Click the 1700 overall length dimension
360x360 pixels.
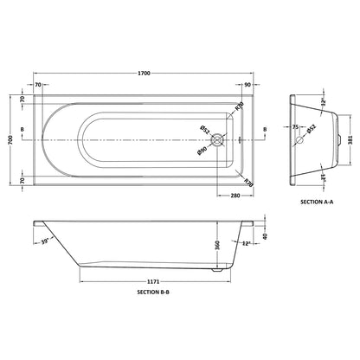pos(144,74)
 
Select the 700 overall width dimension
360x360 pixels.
pos(11,140)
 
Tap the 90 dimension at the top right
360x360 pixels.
pos(247,85)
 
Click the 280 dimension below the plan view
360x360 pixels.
pos(235,196)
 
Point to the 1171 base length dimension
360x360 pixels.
pos(155,281)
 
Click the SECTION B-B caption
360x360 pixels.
pos(153,292)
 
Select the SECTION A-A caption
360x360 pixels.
pos(317,202)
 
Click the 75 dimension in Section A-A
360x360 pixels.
pos(295,126)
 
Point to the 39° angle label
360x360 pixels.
pos(46,241)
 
